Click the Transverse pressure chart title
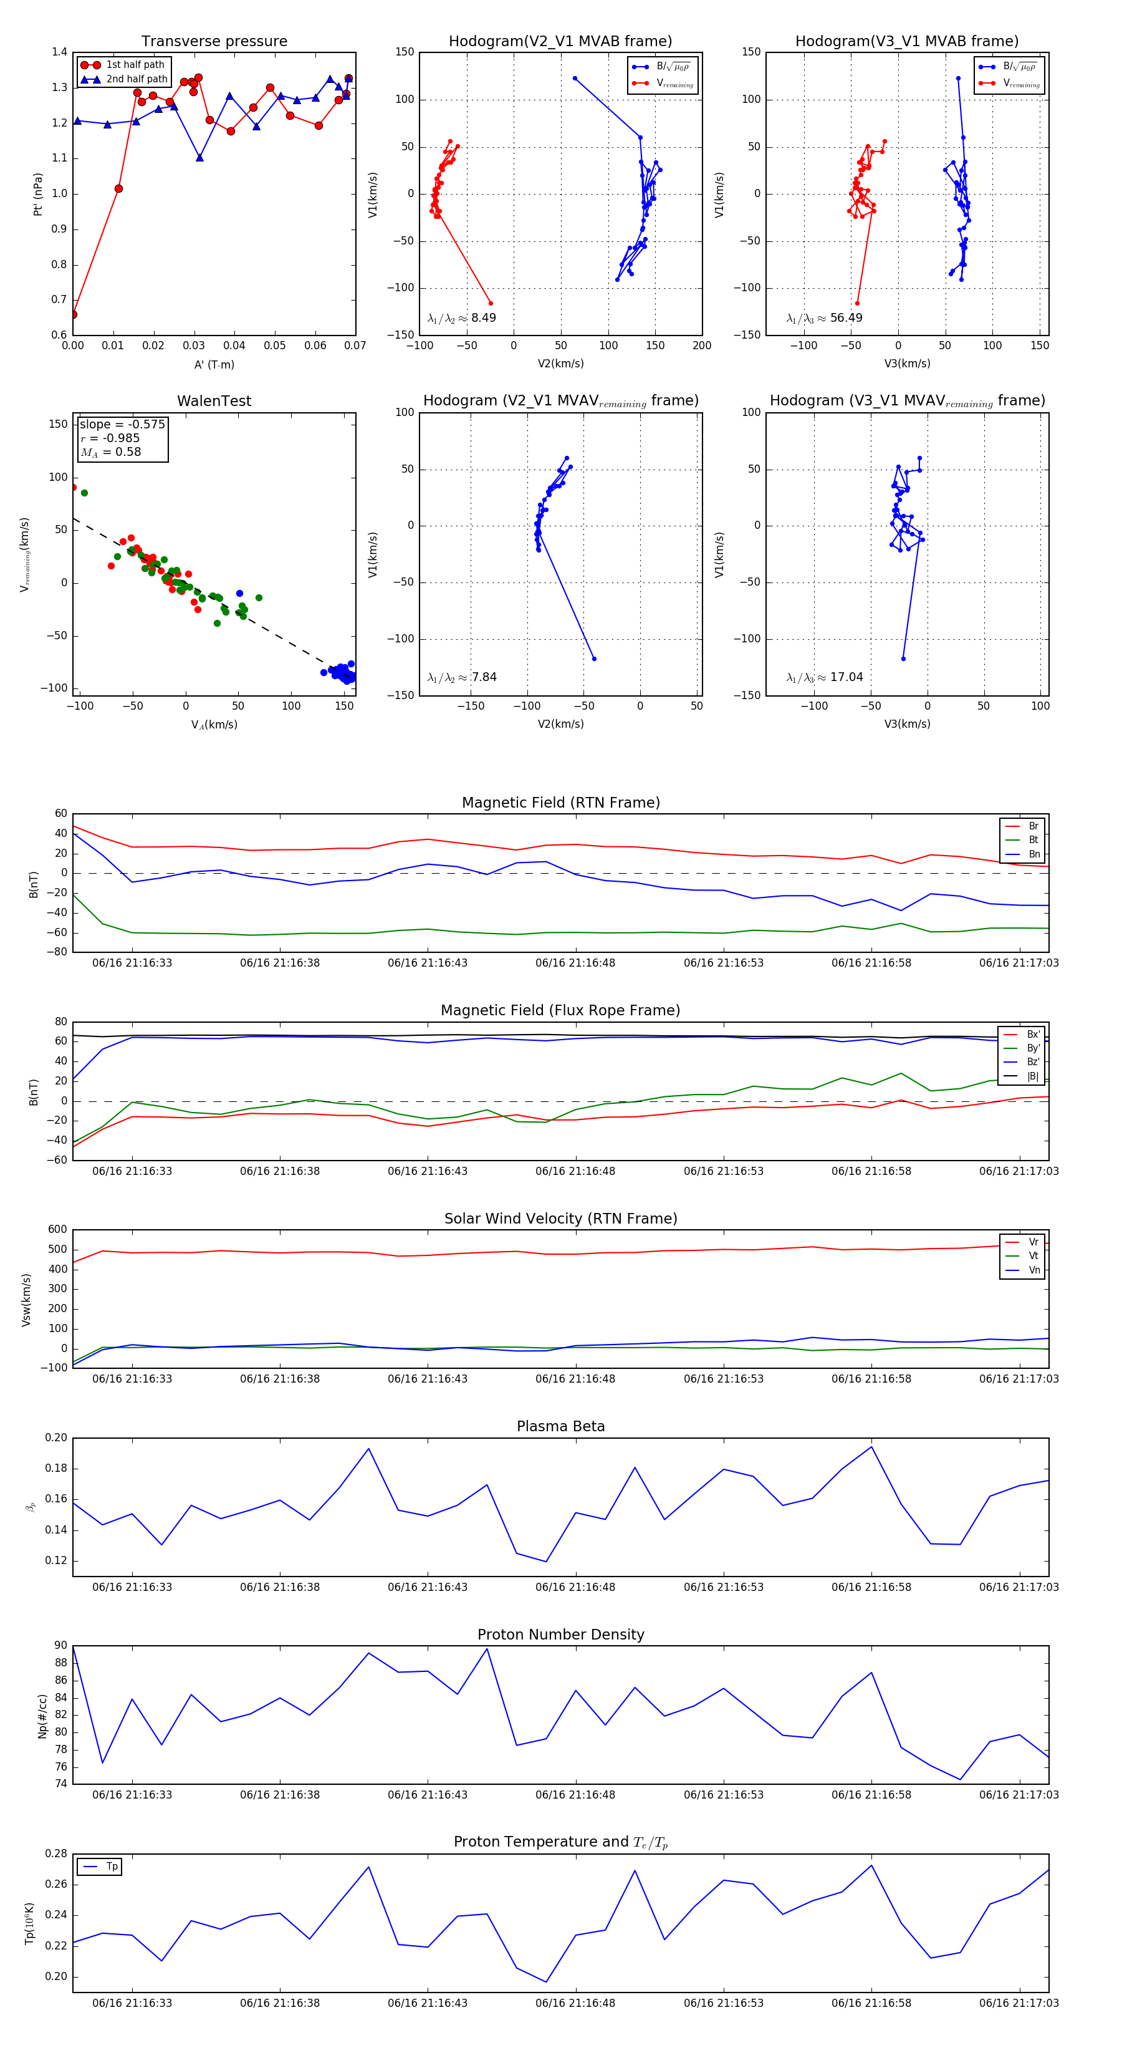click(214, 42)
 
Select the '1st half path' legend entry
click(135, 65)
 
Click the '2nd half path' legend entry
click(137, 79)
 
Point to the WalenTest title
click(214, 401)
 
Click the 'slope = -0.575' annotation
click(122, 424)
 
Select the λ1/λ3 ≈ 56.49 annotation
click(824, 318)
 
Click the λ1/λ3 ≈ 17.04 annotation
click(824, 677)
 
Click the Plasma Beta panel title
click(560, 1427)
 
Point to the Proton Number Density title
click(560, 1635)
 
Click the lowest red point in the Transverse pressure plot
click(74, 315)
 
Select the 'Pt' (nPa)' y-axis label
click(37, 194)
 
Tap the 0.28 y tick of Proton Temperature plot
click(56, 1854)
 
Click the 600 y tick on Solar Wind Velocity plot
click(57, 1230)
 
